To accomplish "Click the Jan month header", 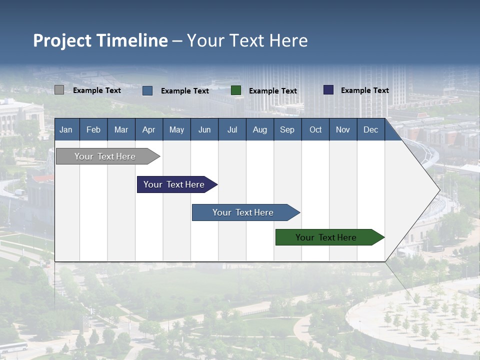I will pyautogui.click(x=66, y=129).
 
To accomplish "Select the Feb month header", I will pyautogui.click(x=93, y=129).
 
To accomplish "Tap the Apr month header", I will pyautogui.click(x=149, y=129).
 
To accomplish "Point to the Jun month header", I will pyautogui.click(x=204, y=129).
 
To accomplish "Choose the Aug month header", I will pyautogui.click(x=260, y=129).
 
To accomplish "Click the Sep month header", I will pyautogui.click(x=287, y=129).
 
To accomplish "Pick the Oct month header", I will pyautogui.click(x=315, y=129).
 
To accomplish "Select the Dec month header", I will pyautogui.click(x=371, y=129).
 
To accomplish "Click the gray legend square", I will pyautogui.click(x=59, y=90).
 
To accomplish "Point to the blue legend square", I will pyautogui.click(x=147, y=90).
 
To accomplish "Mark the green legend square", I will pyautogui.click(x=236, y=90).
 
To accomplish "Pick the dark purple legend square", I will pyautogui.click(x=328, y=90).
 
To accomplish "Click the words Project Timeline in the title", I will pyautogui.click(x=100, y=40).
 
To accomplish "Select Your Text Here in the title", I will pyautogui.click(x=247, y=40).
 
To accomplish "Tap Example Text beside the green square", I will pyautogui.click(x=273, y=91).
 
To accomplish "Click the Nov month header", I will pyautogui.click(x=343, y=129).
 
